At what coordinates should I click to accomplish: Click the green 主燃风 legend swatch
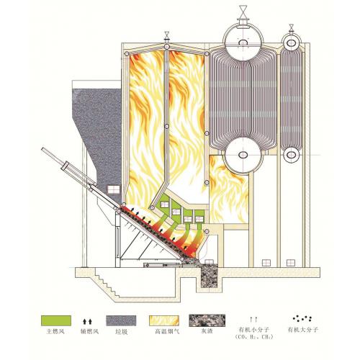56,320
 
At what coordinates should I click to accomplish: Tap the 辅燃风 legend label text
89,332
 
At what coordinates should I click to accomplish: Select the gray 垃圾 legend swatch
121,320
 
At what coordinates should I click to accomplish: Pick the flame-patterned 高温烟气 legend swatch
164,320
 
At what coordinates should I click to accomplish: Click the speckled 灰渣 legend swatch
207,320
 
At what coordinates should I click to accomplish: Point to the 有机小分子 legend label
255,330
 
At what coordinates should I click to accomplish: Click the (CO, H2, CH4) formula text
255,337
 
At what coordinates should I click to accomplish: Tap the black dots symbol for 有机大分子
302,318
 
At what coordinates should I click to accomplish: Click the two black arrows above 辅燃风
87,322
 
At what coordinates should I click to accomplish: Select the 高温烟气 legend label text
167,332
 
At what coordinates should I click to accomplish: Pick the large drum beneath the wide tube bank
243,156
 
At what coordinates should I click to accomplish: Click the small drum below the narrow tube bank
292,155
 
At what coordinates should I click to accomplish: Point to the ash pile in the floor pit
209,275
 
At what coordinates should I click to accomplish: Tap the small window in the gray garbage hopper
113,189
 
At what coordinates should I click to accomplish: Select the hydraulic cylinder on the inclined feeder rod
66,166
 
